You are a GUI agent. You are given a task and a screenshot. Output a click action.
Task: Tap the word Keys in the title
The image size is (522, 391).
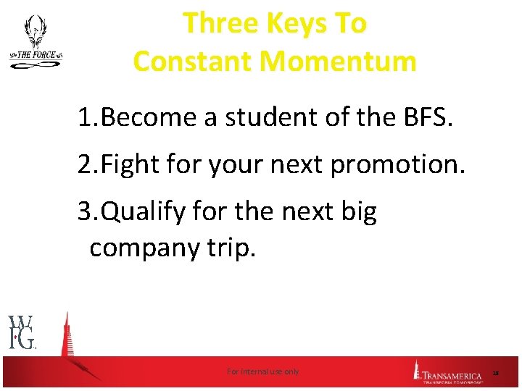coord(295,24)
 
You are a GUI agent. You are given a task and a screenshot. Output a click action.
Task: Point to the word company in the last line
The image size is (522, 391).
coord(141,248)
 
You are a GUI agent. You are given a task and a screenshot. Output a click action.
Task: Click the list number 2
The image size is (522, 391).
coord(86,166)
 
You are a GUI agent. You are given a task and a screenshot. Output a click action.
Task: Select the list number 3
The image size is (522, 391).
coord(86,213)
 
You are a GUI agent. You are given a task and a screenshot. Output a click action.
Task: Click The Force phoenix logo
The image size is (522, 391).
coord(35,43)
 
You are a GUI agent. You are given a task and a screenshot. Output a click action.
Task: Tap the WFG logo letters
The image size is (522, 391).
coord(22,332)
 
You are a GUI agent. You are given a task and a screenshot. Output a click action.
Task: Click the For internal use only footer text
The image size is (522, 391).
coord(262,371)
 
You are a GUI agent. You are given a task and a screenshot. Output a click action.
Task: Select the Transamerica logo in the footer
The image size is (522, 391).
coord(449,373)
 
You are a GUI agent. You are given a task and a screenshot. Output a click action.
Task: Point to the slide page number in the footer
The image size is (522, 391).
coord(496,373)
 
